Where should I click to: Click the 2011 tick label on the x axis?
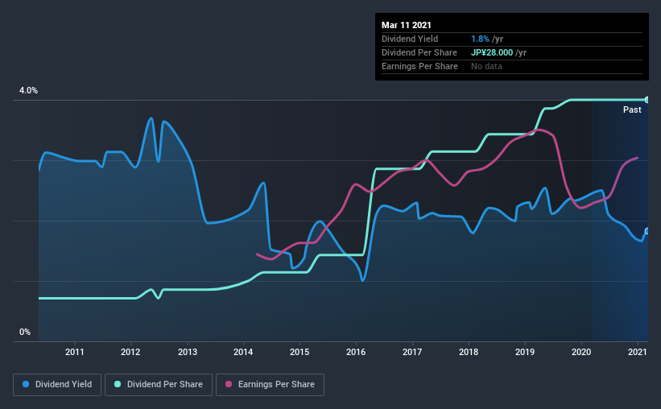[x=75, y=352]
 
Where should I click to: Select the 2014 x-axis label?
[x=244, y=352]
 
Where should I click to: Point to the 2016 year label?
[x=356, y=352]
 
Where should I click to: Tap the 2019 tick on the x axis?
[x=525, y=352]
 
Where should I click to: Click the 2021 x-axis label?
[x=637, y=352]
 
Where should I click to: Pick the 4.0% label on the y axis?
[x=29, y=91]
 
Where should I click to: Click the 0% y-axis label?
[x=25, y=332]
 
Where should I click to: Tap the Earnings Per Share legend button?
[x=270, y=385]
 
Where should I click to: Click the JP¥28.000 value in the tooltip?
[x=492, y=52]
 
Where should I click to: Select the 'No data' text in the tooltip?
[x=486, y=66]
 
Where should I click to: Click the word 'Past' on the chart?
[x=632, y=109]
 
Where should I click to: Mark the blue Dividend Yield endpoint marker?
[x=647, y=232]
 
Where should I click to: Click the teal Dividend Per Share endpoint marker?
[x=647, y=100]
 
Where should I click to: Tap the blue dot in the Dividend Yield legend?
[x=27, y=385]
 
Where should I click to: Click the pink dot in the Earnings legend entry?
[x=229, y=385]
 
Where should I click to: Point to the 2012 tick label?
[x=131, y=352]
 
